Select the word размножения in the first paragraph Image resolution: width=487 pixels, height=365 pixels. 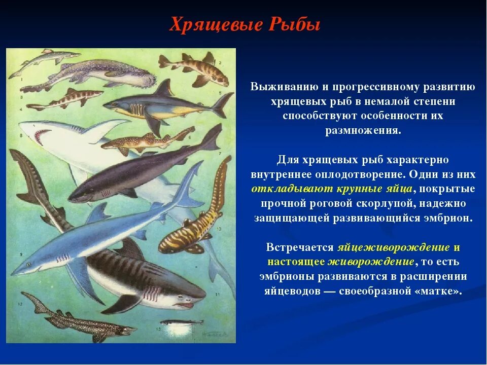[x=362, y=130]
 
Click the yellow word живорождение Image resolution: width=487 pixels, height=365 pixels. [x=371, y=262]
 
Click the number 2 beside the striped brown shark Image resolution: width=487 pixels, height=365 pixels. [x=220, y=61]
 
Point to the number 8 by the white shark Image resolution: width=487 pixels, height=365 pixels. [x=21, y=135]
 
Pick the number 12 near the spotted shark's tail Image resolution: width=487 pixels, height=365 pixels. [x=20, y=304]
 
